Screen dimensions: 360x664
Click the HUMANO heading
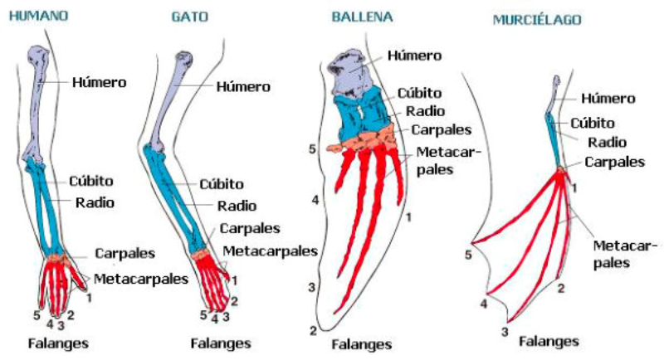39,16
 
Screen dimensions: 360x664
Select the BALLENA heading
363,16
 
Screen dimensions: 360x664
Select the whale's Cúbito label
420,93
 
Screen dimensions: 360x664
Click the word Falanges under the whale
361,343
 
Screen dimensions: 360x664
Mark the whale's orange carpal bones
365,140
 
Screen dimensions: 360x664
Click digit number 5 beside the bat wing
469,255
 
